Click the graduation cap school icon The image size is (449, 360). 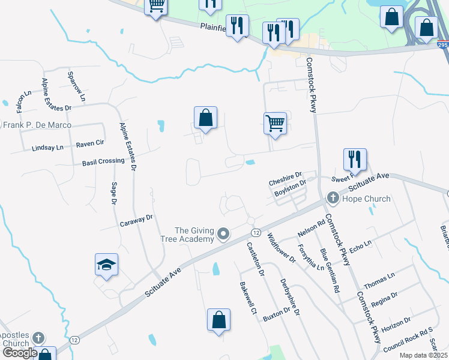coord(106,265)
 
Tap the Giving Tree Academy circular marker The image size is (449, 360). coord(224,234)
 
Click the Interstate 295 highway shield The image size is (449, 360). coord(442,46)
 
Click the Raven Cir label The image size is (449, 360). coord(90,144)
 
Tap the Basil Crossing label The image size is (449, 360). coord(103,161)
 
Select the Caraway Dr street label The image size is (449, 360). coord(137,220)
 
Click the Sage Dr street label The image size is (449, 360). coord(113,194)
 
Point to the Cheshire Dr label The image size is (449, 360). coord(285,182)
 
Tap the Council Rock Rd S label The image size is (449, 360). coord(408,339)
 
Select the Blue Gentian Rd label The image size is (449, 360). coord(329,270)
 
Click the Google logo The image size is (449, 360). coord(19,353)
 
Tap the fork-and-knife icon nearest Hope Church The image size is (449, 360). coord(355,159)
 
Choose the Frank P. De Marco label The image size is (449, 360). coord(37,125)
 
